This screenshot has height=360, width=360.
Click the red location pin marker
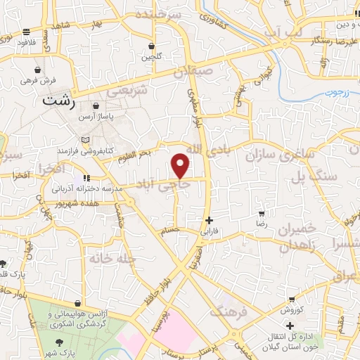(x=181, y=165)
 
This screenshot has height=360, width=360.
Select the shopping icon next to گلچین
(x=151, y=46)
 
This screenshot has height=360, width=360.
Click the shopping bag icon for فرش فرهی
(x=37, y=70)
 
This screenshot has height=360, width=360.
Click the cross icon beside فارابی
(x=209, y=220)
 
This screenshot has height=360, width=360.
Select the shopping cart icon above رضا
(x=262, y=212)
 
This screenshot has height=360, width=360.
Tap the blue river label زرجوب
(x=338, y=92)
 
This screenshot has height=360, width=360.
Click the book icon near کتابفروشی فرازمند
(x=86, y=139)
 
